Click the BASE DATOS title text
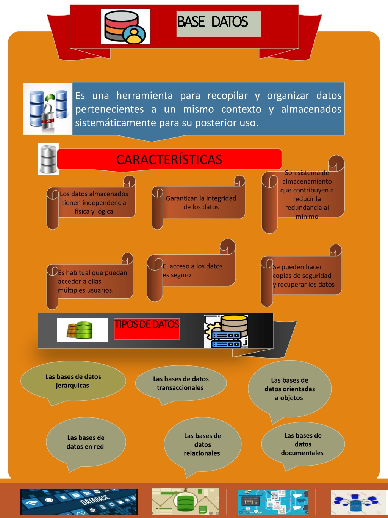coord(212,22)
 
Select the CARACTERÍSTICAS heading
coord(169,159)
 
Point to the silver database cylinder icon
coord(48,159)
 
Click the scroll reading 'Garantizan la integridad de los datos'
coord(199,203)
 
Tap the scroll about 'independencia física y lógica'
coord(91,203)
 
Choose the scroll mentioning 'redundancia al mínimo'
coord(303,194)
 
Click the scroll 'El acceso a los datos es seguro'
coord(191,270)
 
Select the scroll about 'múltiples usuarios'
coord(90,281)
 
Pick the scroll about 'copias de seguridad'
coord(301,276)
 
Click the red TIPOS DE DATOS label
coord(147,329)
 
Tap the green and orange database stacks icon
coord(80,330)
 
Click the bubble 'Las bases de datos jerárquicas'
coord(73,381)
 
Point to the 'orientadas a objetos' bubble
coord(289,389)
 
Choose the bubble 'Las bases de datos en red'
coord(86,442)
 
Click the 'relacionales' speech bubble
coord(203,444)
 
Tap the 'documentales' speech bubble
coord(303,444)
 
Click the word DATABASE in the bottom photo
coord(95,500)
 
